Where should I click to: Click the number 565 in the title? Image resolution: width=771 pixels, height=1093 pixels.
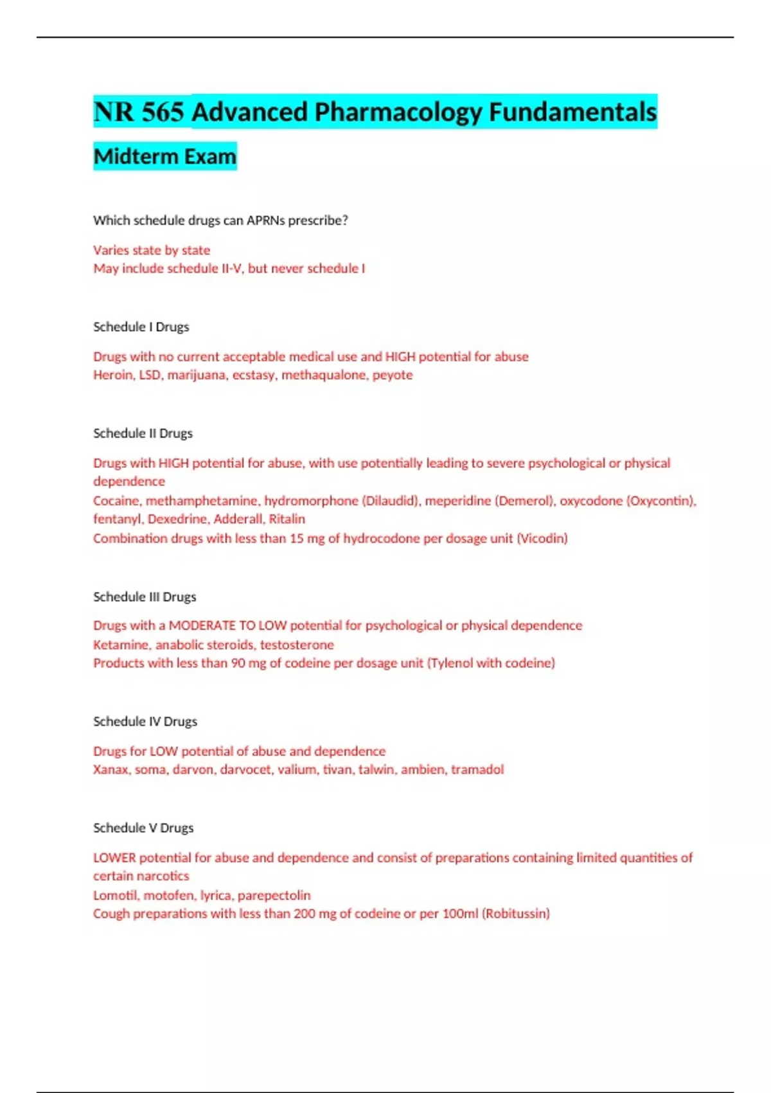163,113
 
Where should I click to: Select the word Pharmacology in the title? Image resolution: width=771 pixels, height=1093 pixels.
398,113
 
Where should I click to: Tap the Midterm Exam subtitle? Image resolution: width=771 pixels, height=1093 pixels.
165,156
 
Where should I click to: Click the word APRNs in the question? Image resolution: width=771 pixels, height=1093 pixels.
265,221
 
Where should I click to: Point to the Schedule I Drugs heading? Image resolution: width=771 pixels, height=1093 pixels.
141,327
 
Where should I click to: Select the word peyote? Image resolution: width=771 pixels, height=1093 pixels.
392,375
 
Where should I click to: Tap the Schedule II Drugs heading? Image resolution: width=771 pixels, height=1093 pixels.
143,433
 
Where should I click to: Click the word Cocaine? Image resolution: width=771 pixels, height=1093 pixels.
116,501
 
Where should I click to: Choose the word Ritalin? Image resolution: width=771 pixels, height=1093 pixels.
287,519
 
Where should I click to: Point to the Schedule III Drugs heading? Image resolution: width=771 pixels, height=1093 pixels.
145,597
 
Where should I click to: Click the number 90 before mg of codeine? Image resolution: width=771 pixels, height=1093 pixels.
238,663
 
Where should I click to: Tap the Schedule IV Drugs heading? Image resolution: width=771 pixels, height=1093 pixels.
145,721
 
